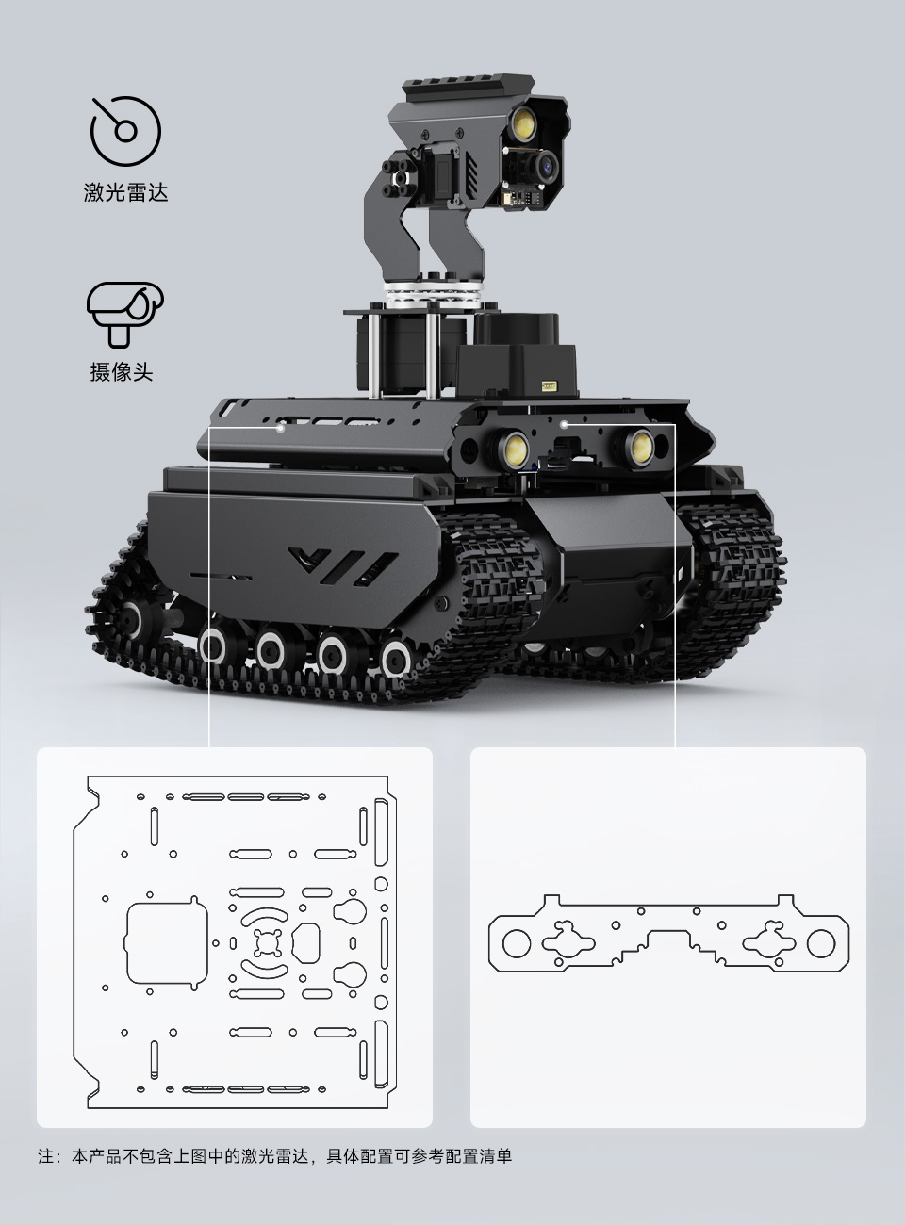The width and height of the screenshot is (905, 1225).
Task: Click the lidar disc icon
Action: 125,130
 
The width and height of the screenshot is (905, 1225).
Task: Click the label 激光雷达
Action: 125,193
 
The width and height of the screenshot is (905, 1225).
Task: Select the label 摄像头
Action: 122,371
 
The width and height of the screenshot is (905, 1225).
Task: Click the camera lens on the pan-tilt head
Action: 544,168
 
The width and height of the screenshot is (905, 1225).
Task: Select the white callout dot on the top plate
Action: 281,427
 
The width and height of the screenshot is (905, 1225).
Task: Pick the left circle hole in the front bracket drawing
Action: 517,942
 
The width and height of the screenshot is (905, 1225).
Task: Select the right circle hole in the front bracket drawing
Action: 819,942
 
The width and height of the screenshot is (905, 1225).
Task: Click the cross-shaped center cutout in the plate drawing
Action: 267,943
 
